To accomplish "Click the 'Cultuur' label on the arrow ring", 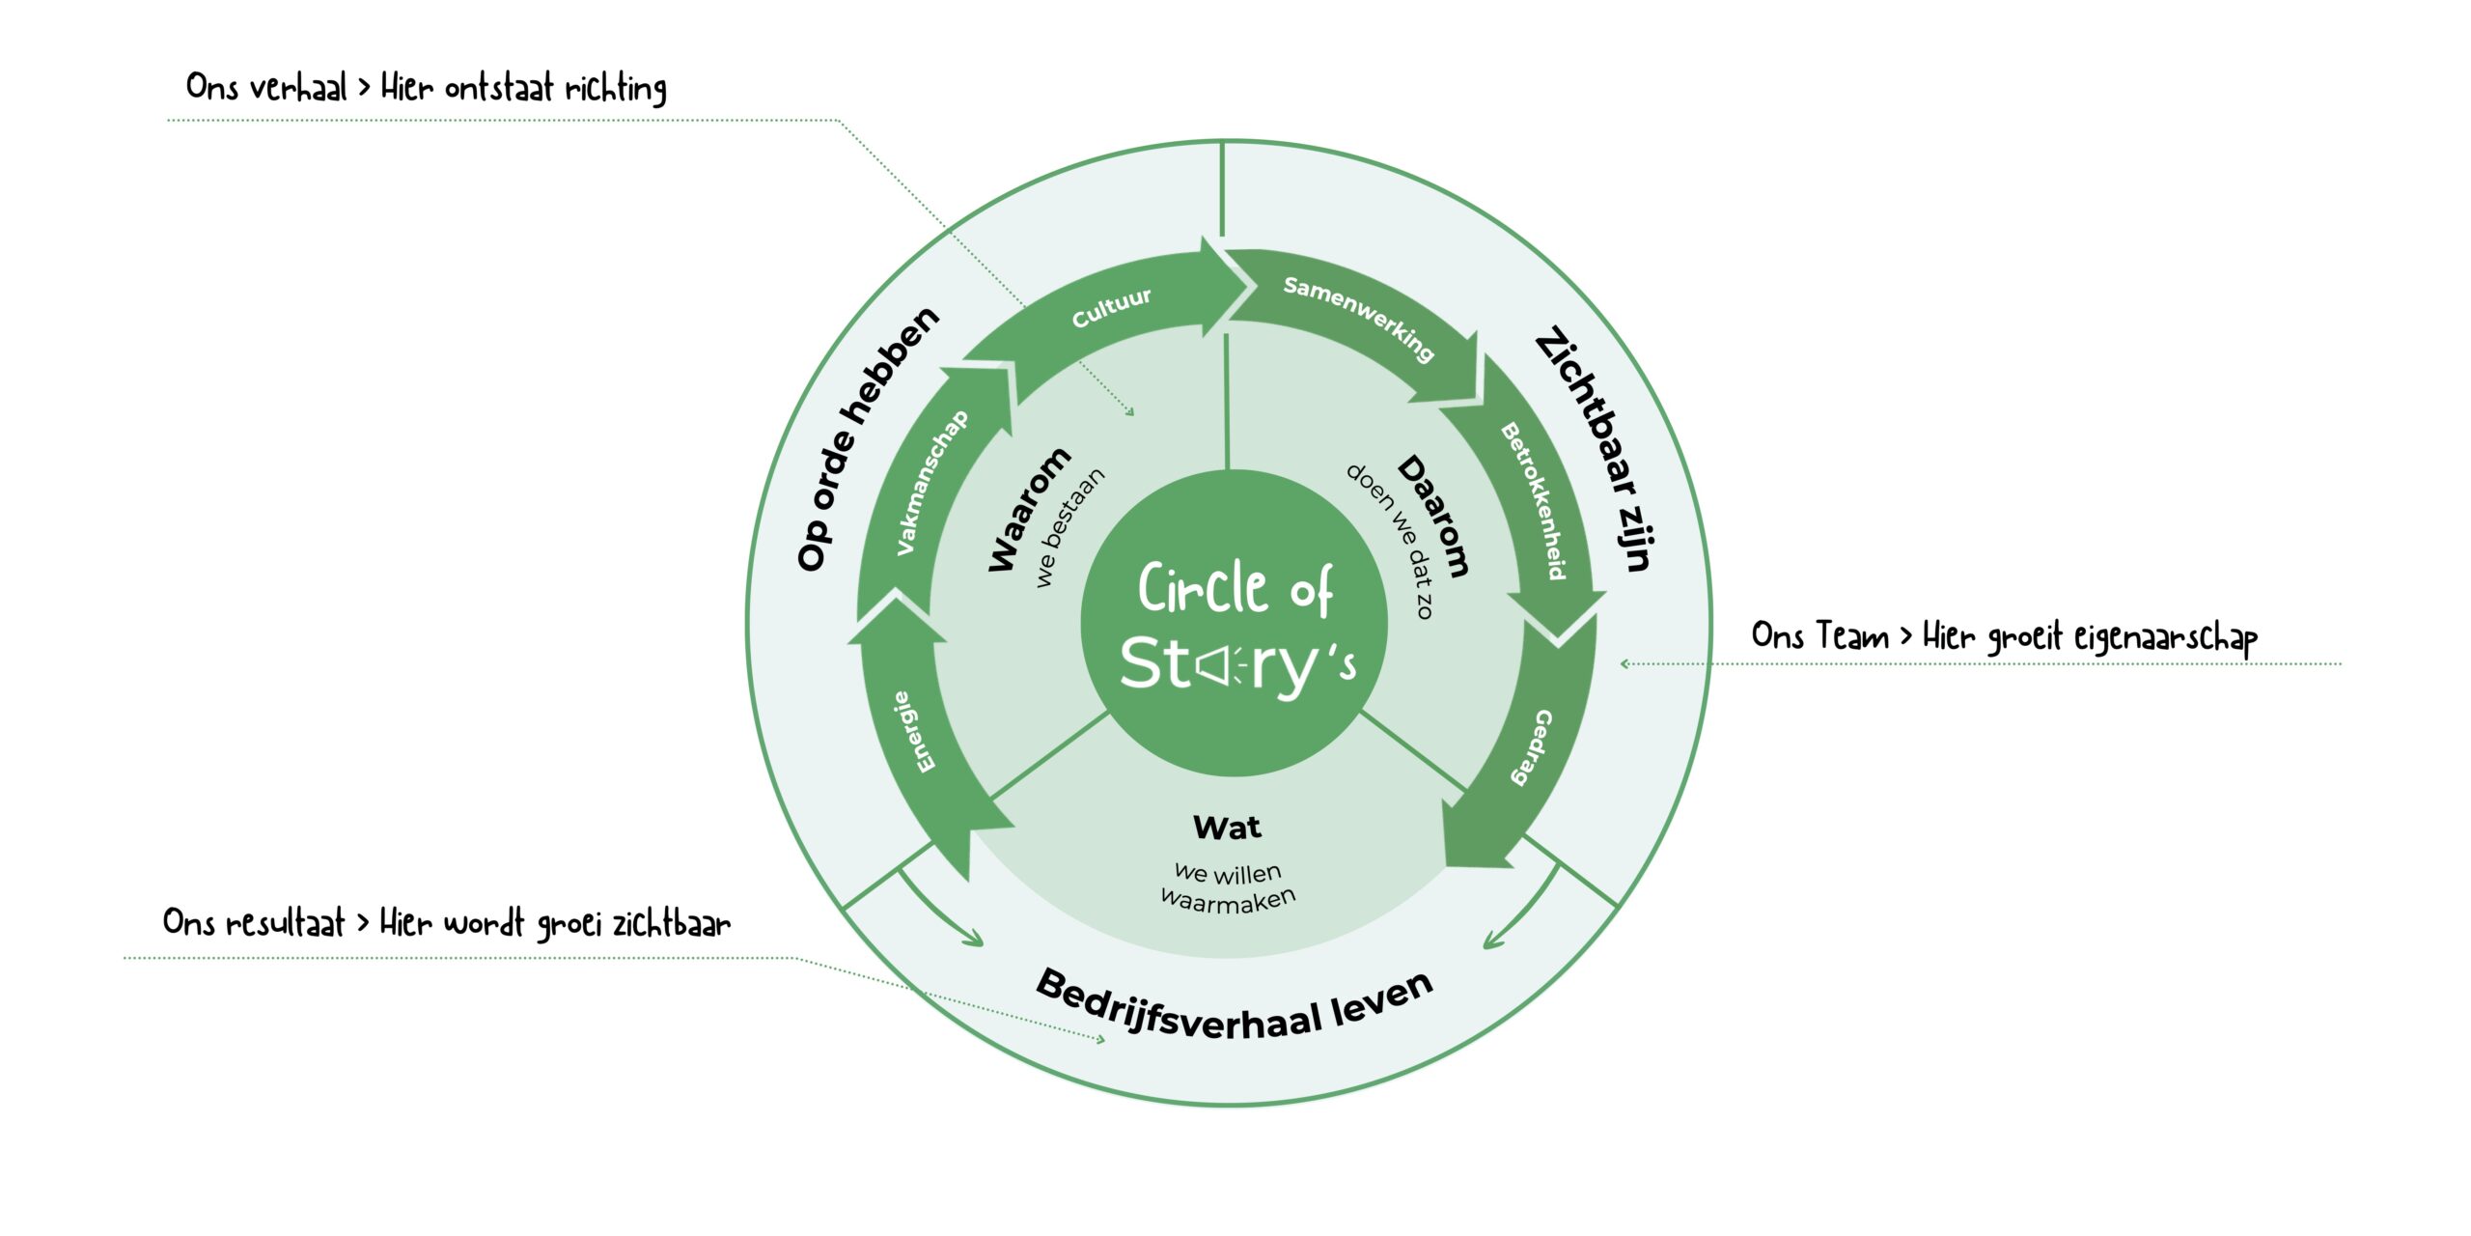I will (1111, 307).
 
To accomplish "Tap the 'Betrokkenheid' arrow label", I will (1533, 501).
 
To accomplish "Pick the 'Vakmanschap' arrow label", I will (931, 482).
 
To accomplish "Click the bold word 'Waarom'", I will (1029, 509).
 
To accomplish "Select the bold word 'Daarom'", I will (1434, 516).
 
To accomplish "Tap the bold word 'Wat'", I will (1227, 828).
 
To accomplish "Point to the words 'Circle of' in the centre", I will (1235, 589).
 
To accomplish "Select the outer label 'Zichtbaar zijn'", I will (1596, 448).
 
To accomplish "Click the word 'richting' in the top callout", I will (616, 89).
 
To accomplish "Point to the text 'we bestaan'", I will (1069, 527).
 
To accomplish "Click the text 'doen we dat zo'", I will (1390, 541).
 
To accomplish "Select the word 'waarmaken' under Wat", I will (1228, 900).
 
